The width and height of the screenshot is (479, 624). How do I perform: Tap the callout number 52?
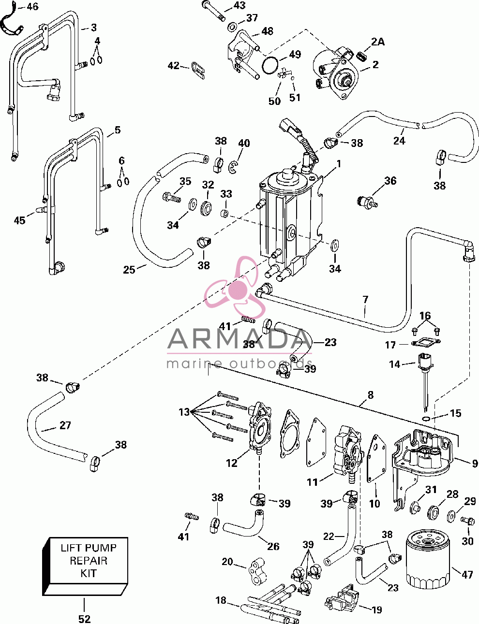[85, 619]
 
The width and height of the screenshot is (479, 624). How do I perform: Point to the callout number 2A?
[377, 42]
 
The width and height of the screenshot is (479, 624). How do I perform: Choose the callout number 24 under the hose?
[399, 141]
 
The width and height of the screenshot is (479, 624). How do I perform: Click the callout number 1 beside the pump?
[339, 164]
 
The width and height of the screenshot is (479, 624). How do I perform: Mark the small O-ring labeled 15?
[427, 418]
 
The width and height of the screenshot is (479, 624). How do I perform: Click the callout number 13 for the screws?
[184, 412]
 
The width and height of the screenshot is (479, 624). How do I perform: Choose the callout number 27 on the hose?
[65, 425]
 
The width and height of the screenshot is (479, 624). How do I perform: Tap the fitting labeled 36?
[367, 202]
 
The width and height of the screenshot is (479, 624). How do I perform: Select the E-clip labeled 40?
[232, 168]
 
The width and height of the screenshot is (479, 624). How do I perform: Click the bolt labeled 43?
[213, 12]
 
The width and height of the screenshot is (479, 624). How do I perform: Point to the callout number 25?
[129, 269]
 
